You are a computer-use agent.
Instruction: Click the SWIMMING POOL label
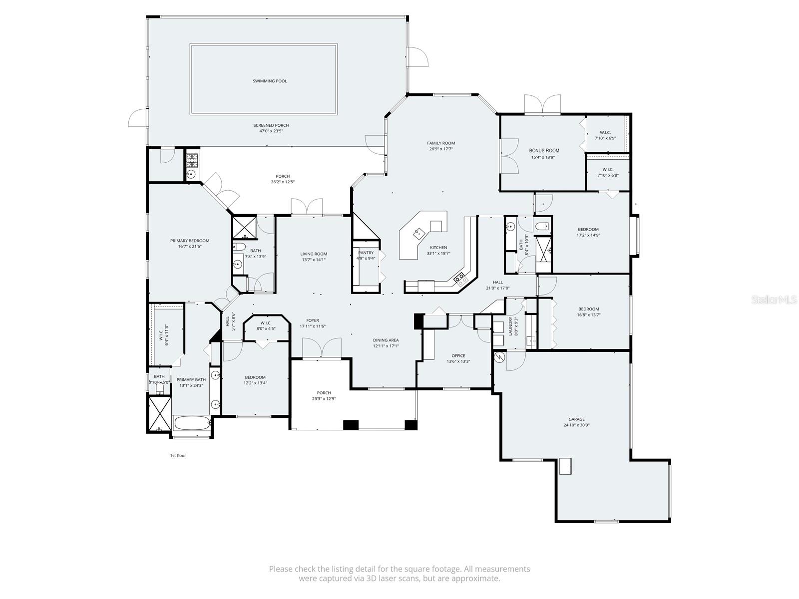pos(270,81)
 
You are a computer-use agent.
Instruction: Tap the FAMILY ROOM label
pos(441,143)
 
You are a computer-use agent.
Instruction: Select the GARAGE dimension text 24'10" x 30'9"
pos(576,425)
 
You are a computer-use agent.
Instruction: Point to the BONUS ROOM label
pos(544,150)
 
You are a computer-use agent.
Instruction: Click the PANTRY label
pos(366,253)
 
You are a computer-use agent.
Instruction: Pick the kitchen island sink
pos(418,232)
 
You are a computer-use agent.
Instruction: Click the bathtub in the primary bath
pos(191,424)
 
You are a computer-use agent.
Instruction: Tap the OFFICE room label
pos(458,356)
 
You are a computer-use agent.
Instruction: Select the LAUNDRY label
pos(510,326)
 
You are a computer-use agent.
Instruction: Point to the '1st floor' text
pos(178,455)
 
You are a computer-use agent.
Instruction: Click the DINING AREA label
pos(386,340)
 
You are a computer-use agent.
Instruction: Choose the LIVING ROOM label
pos(314,254)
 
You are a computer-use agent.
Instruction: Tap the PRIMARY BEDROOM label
pos(189,241)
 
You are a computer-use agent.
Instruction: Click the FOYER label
pos(313,320)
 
